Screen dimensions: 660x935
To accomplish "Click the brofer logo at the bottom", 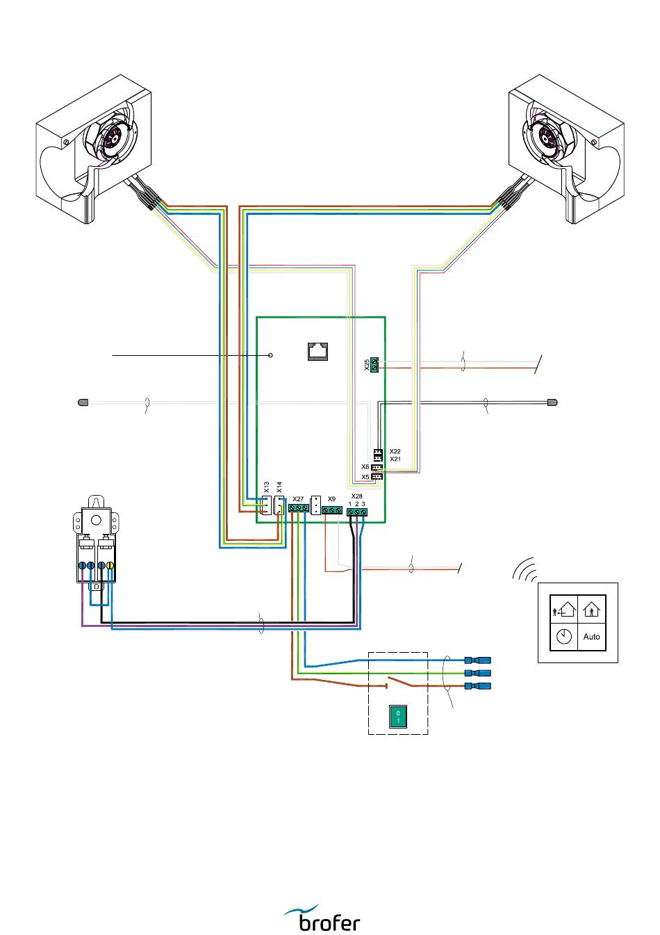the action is coord(322,918).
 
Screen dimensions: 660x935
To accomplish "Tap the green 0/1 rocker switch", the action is coord(397,717).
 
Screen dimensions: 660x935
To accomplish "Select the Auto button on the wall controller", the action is coord(591,637).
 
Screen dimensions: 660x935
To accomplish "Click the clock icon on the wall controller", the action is coord(563,637).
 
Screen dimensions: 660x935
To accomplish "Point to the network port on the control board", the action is coord(318,351).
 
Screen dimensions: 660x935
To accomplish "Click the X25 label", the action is coord(367,364).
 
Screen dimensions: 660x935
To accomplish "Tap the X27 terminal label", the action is coord(298,499).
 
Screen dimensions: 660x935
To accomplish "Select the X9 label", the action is coord(331,499).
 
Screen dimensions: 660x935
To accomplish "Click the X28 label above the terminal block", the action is coord(356,496).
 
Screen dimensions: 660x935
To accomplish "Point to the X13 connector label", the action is coord(267,487).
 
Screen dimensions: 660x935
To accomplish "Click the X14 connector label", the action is coord(279,487).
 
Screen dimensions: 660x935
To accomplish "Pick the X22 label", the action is coord(395,451).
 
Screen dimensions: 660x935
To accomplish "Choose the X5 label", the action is coord(365,477).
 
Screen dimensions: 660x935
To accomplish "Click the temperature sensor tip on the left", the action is coord(83,403).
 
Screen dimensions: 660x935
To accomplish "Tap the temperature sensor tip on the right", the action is coord(552,403).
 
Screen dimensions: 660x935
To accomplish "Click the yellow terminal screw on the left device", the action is coord(110,566).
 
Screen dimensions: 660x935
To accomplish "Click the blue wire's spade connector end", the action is coord(478,660).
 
